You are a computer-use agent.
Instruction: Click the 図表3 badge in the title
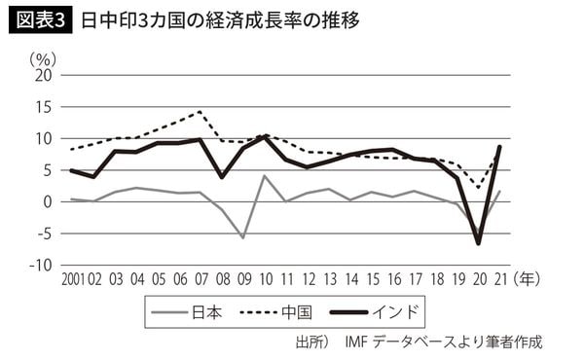(40, 19)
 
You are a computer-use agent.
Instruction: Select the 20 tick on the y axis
(42, 75)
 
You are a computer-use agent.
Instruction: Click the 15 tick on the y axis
(42, 107)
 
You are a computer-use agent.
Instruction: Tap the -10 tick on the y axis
(39, 265)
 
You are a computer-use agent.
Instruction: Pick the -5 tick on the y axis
(44, 234)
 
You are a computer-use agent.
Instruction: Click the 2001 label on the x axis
(75, 280)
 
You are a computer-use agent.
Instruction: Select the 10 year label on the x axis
(264, 280)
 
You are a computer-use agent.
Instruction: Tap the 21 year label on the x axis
(499, 280)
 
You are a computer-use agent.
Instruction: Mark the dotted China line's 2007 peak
(200, 111)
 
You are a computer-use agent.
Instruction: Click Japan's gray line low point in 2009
(242, 237)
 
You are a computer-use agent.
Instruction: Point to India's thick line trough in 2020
(479, 243)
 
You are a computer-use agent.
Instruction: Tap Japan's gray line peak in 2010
(264, 176)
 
